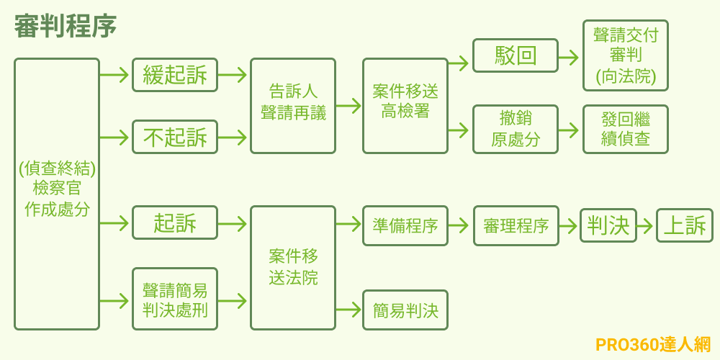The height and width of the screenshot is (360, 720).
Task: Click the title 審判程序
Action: tap(66, 27)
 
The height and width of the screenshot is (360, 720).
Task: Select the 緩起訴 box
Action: tap(175, 75)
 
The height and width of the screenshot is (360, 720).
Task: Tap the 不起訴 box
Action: tap(175, 137)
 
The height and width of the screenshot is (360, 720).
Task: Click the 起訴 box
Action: tap(175, 223)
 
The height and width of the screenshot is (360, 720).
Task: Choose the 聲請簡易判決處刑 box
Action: tap(175, 300)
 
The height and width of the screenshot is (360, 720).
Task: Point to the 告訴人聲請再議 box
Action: tap(293, 106)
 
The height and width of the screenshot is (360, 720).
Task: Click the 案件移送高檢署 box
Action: tap(405, 106)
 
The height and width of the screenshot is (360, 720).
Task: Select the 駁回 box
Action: tap(516, 56)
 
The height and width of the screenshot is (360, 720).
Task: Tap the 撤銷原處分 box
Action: tap(516, 130)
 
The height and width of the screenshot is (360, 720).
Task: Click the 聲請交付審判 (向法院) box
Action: tap(626, 56)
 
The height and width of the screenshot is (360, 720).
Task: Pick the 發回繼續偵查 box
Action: tap(626, 130)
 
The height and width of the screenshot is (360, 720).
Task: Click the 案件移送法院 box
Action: tap(293, 268)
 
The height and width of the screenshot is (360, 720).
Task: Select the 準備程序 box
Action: tap(405, 226)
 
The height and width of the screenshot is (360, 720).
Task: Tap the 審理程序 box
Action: tap(516, 226)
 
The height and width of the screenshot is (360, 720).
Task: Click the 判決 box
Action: tap(608, 226)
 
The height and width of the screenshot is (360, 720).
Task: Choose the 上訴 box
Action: tap(685, 226)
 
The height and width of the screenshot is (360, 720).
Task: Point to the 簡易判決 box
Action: tap(405, 310)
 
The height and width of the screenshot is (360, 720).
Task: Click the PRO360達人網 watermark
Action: tap(653, 345)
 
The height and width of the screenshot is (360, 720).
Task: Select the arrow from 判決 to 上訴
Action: tap(646, 226)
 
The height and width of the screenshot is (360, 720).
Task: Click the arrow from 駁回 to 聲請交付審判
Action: tap(569, 57)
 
